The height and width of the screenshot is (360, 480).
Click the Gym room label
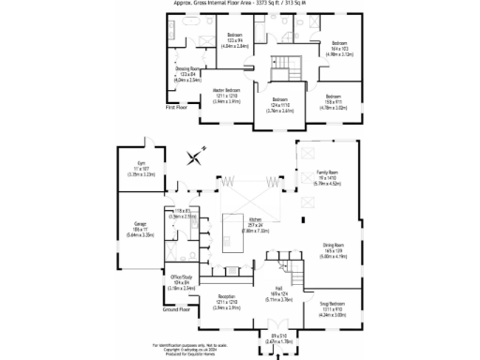point(134,170)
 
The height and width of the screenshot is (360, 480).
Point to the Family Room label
point(327,177)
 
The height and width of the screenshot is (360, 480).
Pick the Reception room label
point(225,302)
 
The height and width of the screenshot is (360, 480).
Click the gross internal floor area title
point(239,3)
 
